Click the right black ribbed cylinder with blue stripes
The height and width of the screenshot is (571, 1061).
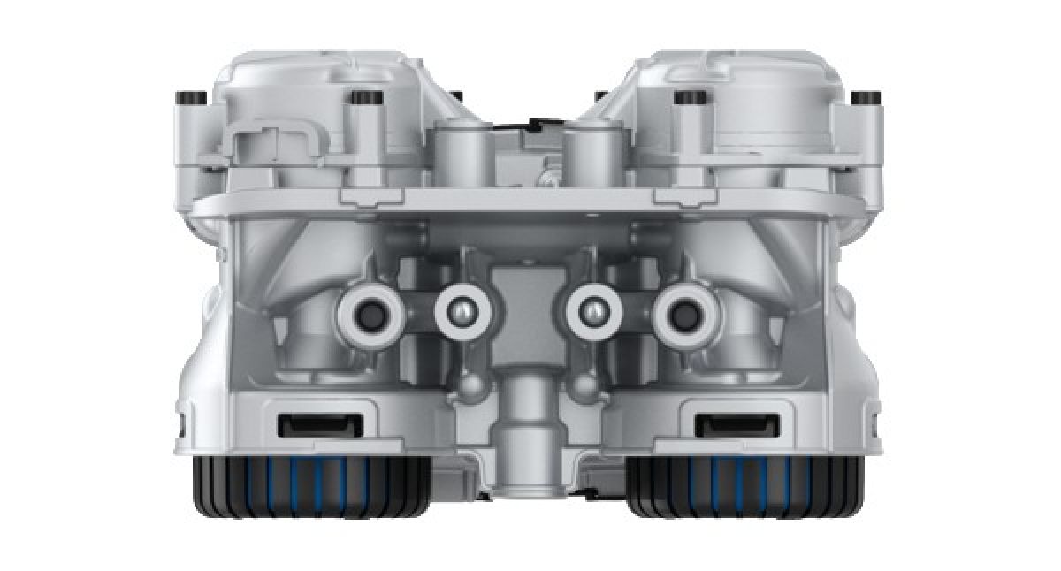click(x=745, y=486)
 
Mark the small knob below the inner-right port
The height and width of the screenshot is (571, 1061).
click(x=582, y=385)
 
